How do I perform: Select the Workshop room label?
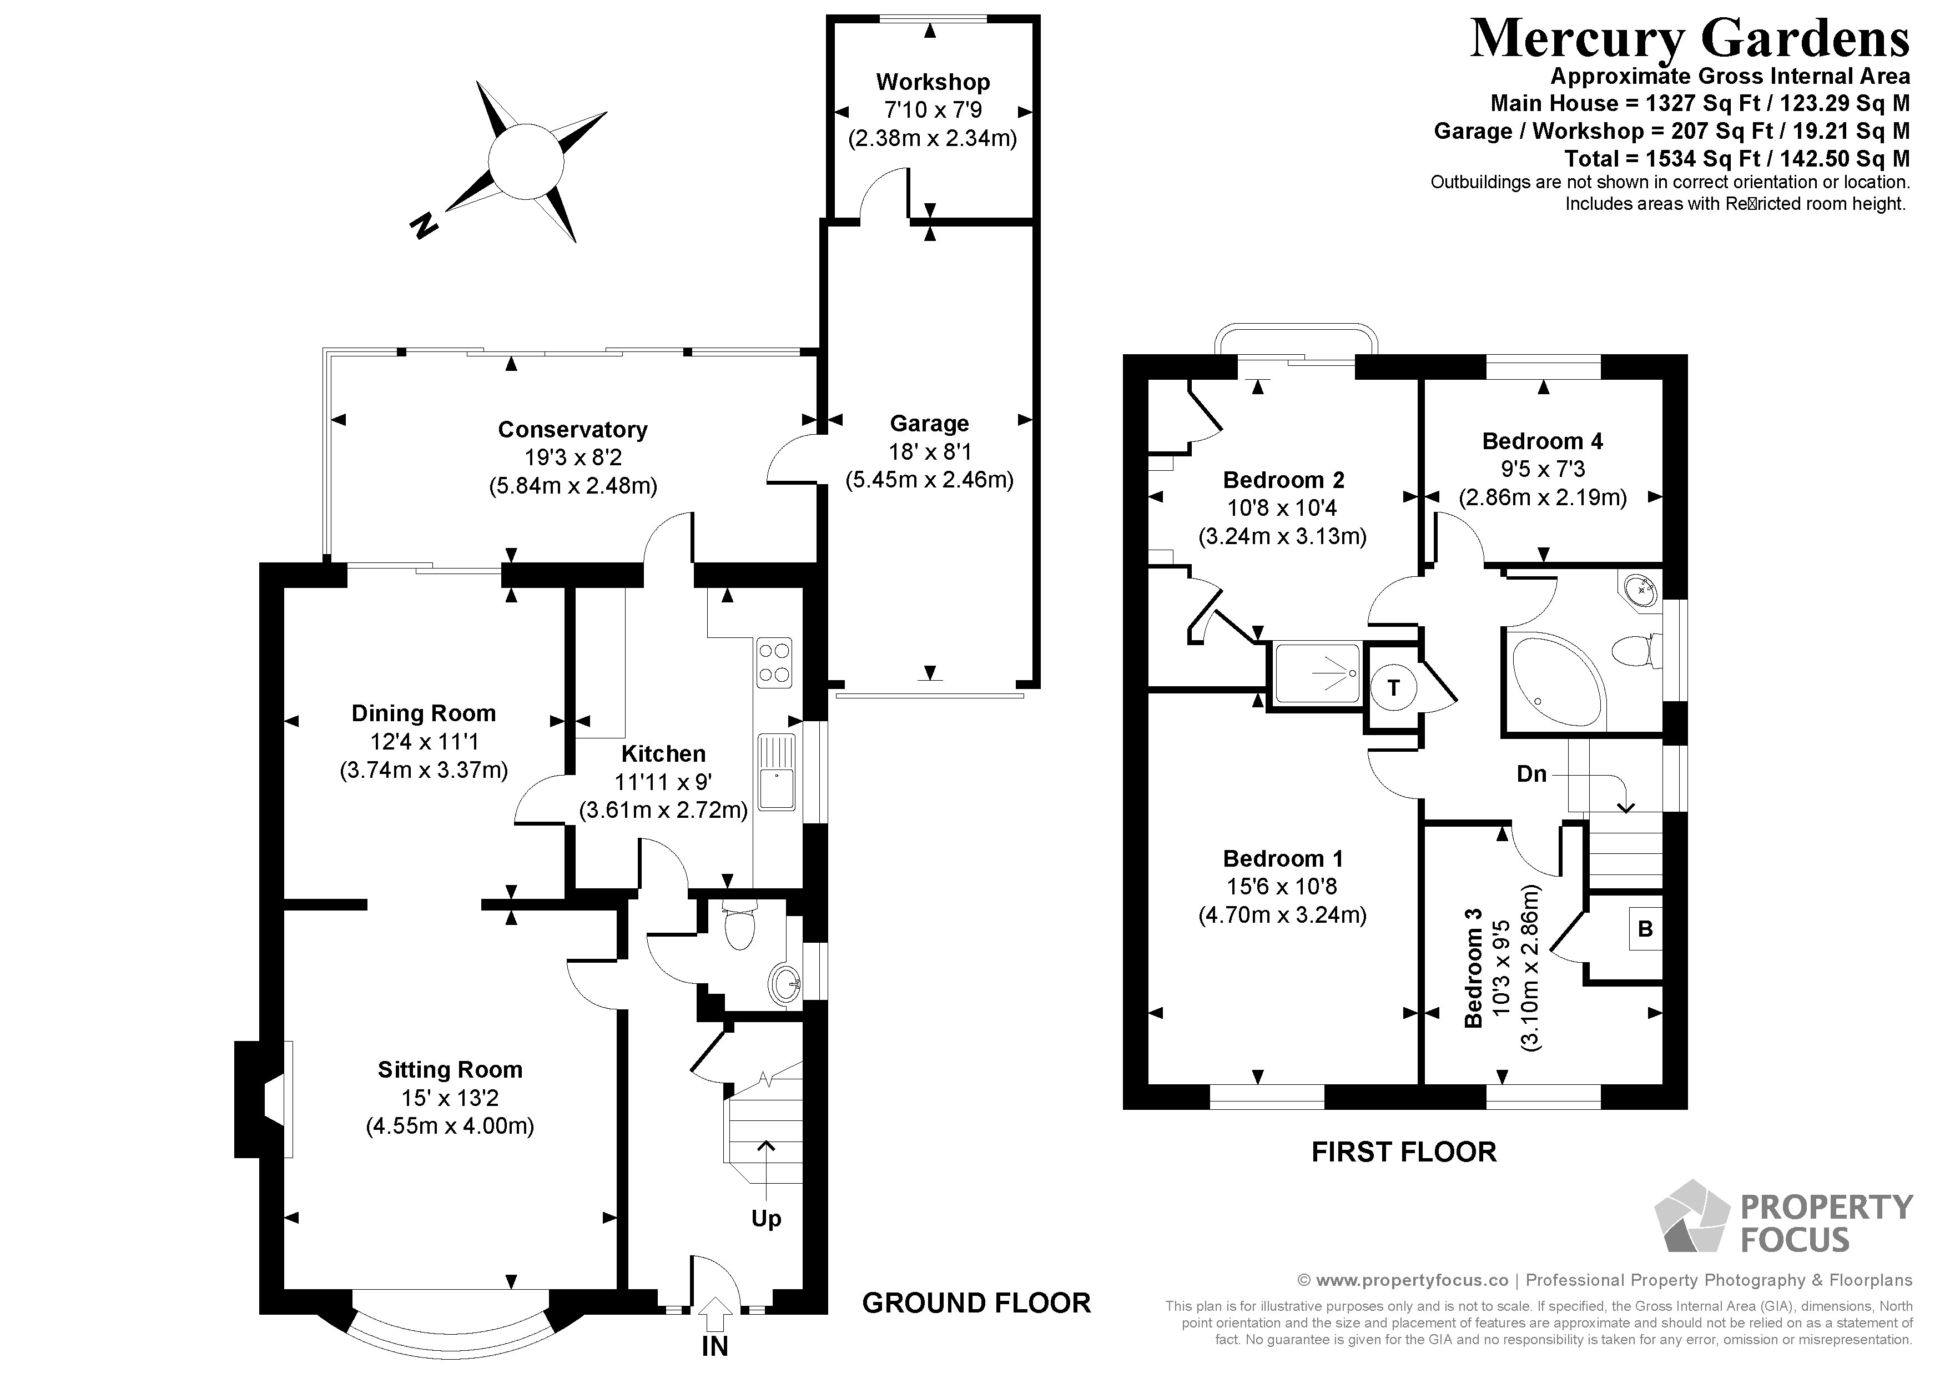click(933, 83)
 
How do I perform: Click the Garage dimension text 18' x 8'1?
click(929, 451)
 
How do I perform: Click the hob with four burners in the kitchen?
click(773, 662)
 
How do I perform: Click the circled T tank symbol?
click(1393, 688)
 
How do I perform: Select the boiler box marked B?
click(1644, 929)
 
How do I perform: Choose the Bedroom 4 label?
click(1542, 441)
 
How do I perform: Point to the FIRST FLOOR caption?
click(1403, 1152)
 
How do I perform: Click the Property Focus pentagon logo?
click(1691, 1219)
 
